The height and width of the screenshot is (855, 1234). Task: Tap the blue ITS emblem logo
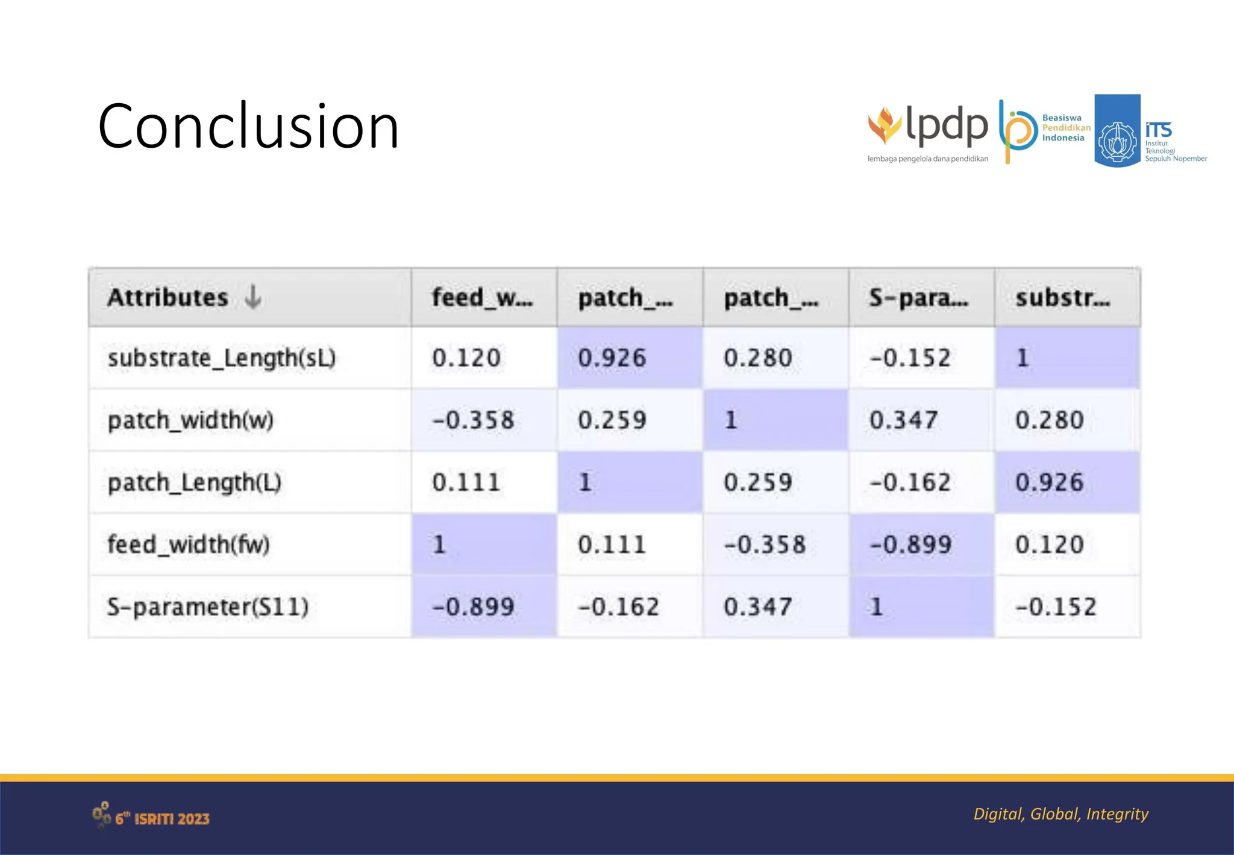[1117, 130]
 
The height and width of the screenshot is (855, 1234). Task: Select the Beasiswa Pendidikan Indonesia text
[1066, 128]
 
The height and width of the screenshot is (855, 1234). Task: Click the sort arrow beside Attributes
[253, 297]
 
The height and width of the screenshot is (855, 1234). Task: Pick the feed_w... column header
[482, 297]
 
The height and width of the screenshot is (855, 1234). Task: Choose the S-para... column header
[918, 297]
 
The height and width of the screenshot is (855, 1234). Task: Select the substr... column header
[1063, 297]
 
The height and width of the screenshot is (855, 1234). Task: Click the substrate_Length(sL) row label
[221, 358]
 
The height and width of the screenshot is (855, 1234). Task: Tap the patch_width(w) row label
[190, 420]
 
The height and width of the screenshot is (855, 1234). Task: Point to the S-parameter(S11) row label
[207, 607]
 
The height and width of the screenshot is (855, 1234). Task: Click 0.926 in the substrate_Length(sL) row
[612, 358]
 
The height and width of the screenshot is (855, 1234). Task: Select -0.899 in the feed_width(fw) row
[910, 544]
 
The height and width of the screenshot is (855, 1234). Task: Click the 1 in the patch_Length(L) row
[584, 482]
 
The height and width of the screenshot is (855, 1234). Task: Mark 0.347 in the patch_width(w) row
[903, 420]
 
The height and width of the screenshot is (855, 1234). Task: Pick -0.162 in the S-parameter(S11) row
[618, 607]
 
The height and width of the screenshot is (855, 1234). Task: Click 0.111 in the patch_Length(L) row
[466, 482]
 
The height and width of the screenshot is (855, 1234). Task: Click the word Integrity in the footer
[1117, 814]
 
